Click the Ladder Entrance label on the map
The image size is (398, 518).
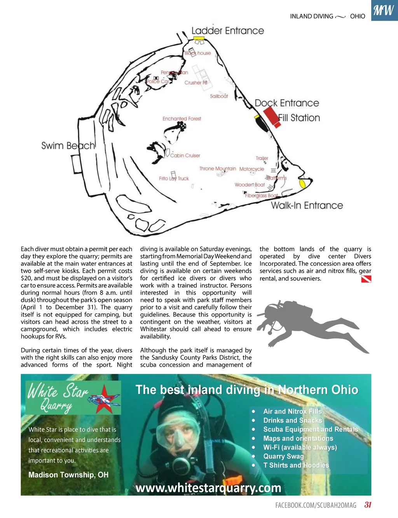coord(227,31)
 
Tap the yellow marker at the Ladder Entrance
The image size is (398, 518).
coord(199,38)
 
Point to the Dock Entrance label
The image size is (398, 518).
coord(287,103)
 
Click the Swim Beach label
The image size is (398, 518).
coord(68,146)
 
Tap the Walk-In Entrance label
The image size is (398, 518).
coord(307,205)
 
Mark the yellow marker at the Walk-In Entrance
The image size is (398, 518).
coord(301,183)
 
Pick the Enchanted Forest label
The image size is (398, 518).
coord(182,119)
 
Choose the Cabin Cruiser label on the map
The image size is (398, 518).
coord(185,155)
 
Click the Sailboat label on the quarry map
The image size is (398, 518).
coord(219,96)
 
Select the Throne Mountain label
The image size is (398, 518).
coord(218,169)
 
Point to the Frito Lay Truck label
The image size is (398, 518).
coord(174,178)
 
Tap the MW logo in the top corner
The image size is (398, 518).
coord(384,10)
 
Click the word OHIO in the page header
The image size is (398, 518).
coord(358,16)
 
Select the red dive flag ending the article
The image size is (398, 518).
coord(366,279)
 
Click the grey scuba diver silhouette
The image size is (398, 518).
coord(307,323)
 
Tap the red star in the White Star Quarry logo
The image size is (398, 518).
coord(104,398)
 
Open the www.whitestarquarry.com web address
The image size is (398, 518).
coord(208,488)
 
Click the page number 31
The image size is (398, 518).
coord(368,505)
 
